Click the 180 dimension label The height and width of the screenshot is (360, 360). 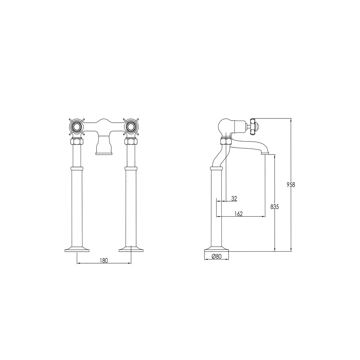click(104, 260)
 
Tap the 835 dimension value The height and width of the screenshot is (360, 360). click(275, 207)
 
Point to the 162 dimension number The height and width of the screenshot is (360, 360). click(238, 213)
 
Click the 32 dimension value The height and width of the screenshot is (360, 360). click(234, 198)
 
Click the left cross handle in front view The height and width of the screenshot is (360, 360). click(77, 127)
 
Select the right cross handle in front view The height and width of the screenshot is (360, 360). click(131, 127)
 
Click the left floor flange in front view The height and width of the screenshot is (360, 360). click(77, 249)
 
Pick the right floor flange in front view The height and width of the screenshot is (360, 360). click(131, 249)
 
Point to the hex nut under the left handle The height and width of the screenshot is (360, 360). click(77, 141)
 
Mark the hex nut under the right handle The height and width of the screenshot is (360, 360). click(131, 141)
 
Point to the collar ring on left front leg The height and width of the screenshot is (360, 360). click(77, 168)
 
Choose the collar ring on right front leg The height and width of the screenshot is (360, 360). click(131, 168)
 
